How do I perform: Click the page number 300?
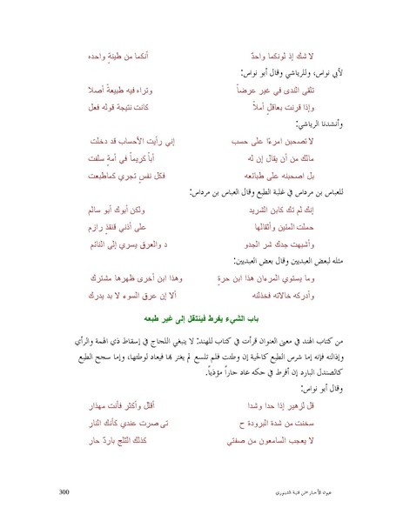click(x=63, y=491)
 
